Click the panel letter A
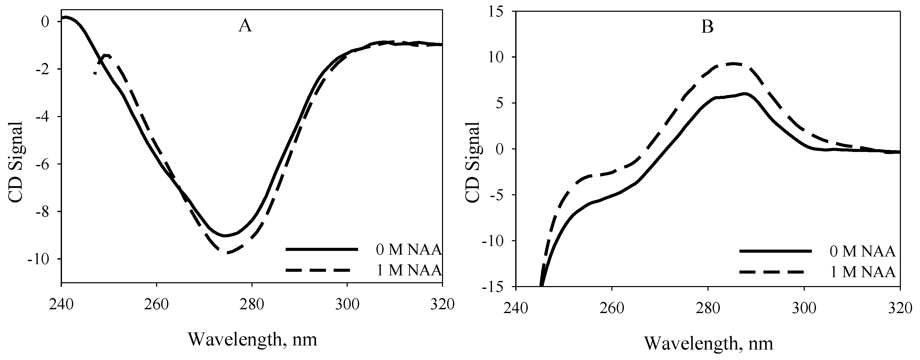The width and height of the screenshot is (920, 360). (x=245, y=26)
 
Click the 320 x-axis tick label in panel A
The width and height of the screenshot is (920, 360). (x=442, y=305)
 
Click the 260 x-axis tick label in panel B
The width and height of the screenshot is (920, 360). (x=612, y=307)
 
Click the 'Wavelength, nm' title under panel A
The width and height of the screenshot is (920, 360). (x=252, y=340)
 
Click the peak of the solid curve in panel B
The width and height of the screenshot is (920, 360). (x=744, y=94)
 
